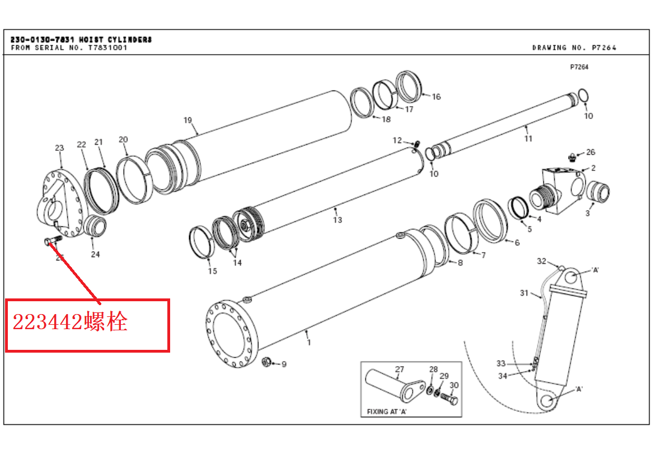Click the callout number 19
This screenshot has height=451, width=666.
[x=187, y=121]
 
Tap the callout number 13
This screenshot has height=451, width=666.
[x=337, y=220]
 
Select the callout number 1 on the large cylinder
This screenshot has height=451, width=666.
[x=309, y=343]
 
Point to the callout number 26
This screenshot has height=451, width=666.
[x=590, y=152]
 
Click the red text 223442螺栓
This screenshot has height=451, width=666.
[x=70, y=321]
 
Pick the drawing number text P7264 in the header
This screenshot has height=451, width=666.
[x=604, y=48]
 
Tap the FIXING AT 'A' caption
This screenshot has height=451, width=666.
[x=387, y=411]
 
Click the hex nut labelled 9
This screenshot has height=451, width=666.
[x=266, y=362]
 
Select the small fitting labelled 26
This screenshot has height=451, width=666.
[x=572, y=158]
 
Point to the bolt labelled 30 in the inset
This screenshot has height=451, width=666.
[x=448, y=398]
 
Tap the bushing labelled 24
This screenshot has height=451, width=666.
[x=95, y=226]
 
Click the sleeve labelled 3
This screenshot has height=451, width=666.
[x=598, y=192]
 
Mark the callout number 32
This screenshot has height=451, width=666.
[x=542, y=261]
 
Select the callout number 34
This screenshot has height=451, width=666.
[x=503, y=376]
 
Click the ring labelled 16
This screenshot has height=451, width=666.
[x=409, y=87]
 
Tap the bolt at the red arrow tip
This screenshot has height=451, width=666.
[x=53, y=240]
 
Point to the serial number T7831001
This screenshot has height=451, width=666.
[x=108, y=48]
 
